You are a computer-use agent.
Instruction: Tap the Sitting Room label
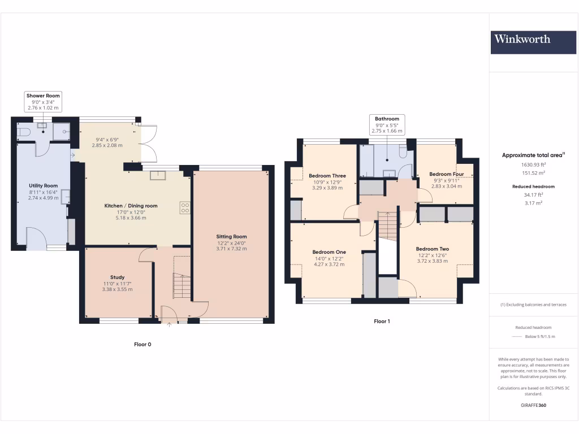pos(231,237)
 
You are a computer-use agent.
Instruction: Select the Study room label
pos(117,277)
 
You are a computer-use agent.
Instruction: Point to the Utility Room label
pos(43,185)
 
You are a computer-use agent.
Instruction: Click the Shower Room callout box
pos(43,101)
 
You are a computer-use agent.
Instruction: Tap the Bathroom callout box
pos(387,124)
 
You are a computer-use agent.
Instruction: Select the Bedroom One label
pos(329,252)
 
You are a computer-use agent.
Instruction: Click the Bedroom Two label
pos(432,249)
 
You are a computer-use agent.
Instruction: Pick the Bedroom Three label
pos(327,176)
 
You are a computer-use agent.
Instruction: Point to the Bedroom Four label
pos(446,174)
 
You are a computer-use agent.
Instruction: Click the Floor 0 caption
pos(142,344)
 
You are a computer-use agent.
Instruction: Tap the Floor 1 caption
pos(382,321)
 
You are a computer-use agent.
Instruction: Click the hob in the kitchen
pos(185,207)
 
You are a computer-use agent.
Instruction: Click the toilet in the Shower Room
pos(23,132)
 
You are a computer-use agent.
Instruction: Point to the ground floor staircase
pos(182,286)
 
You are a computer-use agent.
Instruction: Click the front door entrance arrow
pos(170,325)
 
